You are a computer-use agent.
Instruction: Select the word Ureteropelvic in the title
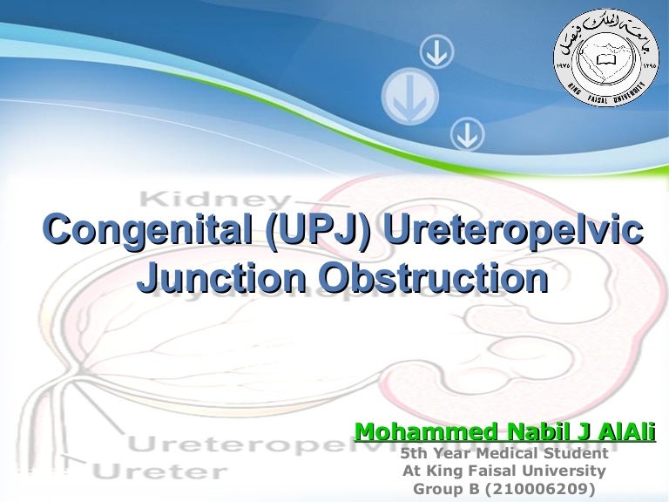point(515,231)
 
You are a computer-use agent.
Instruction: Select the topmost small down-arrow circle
point(436,55)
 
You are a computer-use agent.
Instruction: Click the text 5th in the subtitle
point(416,454)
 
